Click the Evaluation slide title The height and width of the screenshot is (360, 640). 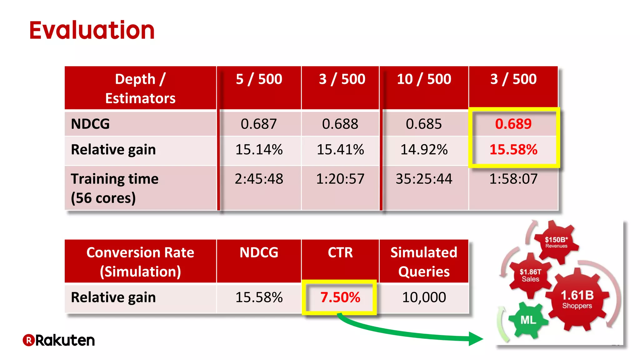[92, 30]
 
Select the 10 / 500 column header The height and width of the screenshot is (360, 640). [424, 79]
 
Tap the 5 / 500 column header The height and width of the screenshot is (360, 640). [259, 79]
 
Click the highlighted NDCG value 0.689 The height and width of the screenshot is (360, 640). [513, 124]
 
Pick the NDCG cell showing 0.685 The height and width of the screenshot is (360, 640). [424, 124]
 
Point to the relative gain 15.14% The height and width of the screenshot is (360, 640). [259, 150]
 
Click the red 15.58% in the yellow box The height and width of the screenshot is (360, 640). [513, 150]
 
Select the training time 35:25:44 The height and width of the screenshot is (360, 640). [424, 179]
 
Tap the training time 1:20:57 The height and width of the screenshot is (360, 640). [340, 179]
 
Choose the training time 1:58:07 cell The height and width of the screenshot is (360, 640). [513, 179]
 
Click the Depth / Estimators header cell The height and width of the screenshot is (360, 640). [140, 88]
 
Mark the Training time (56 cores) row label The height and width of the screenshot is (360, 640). [114, 188]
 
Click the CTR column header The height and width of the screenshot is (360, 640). [340, 252]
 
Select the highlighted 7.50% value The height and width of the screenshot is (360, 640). [340, 297]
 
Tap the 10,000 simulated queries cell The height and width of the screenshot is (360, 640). [424, 297]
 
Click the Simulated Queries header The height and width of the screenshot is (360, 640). [424, 262]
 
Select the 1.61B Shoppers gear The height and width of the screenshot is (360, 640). [577, 299]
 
